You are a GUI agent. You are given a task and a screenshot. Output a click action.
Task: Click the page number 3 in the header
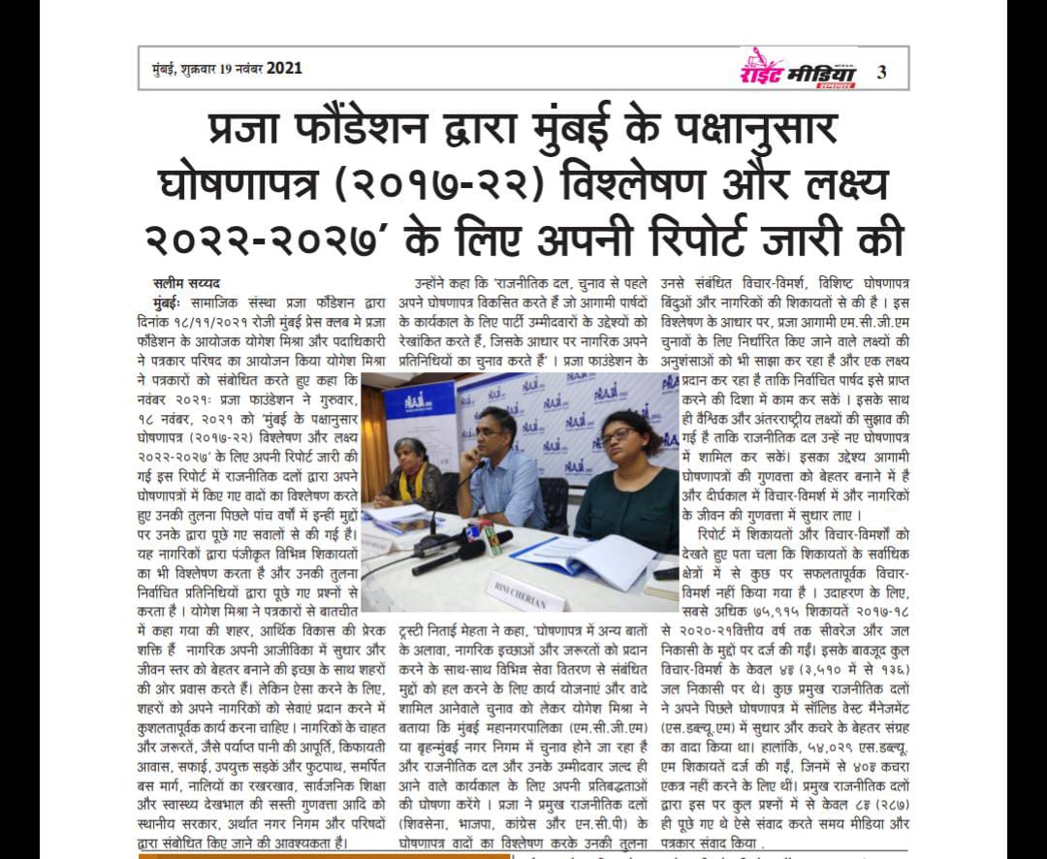click(880, 70)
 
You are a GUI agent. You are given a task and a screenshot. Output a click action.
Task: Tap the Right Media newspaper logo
click(797, 69)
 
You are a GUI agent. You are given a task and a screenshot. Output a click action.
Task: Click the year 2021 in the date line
click(283, 68)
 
